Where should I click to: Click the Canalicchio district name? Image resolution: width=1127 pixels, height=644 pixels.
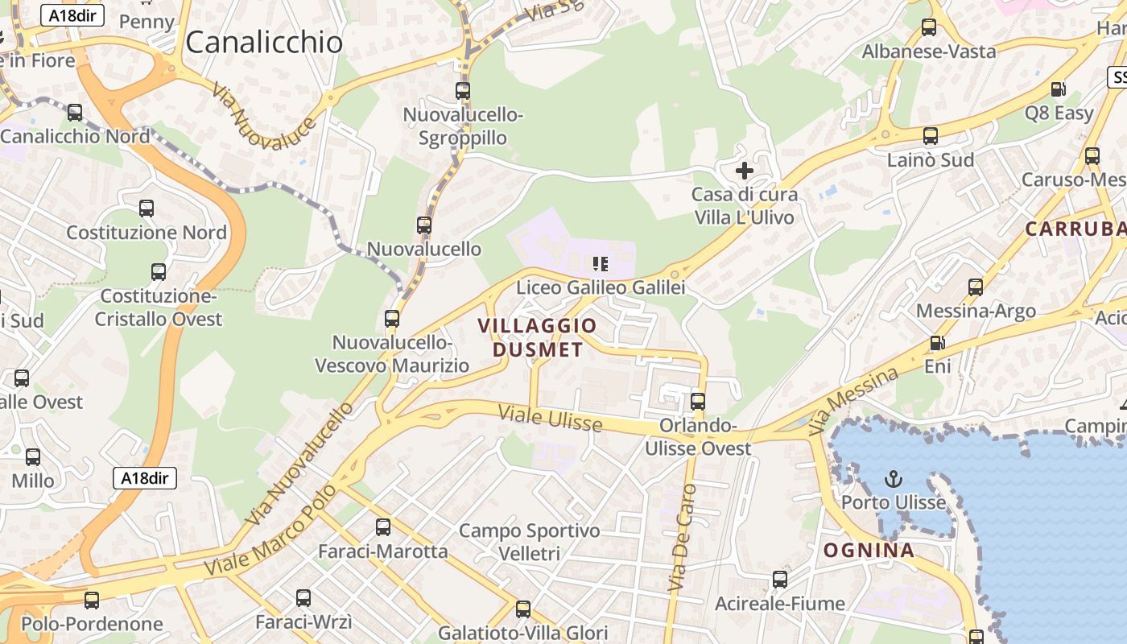tap(264, 43)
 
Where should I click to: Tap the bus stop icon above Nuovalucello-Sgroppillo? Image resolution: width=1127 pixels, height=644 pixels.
tap(463, 91)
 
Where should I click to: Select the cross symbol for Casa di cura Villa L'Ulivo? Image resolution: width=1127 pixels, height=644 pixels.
tap(745, 171)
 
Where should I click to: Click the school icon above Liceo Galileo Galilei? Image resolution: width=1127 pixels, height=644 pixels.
tap(600, 263)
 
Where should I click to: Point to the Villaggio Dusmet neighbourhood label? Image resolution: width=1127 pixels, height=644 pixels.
tap(538, 337)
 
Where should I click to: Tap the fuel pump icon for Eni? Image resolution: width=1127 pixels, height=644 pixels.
tap(938, 343)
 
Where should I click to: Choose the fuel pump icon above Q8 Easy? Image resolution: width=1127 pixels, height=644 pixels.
tap(1059, 89)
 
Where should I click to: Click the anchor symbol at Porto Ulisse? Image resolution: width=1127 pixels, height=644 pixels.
tap(894, 480)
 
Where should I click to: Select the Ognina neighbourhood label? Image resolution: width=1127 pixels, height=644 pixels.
tap(869, 551)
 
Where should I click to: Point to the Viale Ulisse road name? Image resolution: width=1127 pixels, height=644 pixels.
tap(550, 418)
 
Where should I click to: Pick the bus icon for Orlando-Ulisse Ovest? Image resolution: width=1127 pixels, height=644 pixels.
tap(698, 401)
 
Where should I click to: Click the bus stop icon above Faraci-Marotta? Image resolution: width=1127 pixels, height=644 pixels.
tap(383, 527)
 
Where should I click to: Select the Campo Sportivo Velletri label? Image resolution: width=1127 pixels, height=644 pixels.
tap(529, 542)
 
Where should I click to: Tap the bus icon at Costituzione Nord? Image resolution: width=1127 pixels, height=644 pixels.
tap(147, 208)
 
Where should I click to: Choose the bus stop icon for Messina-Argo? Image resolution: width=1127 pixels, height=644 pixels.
tap(976, 287)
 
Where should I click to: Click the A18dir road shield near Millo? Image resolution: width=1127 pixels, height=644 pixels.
tap(144, 478)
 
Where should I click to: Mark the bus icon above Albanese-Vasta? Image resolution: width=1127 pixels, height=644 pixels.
tap(929, 27)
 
